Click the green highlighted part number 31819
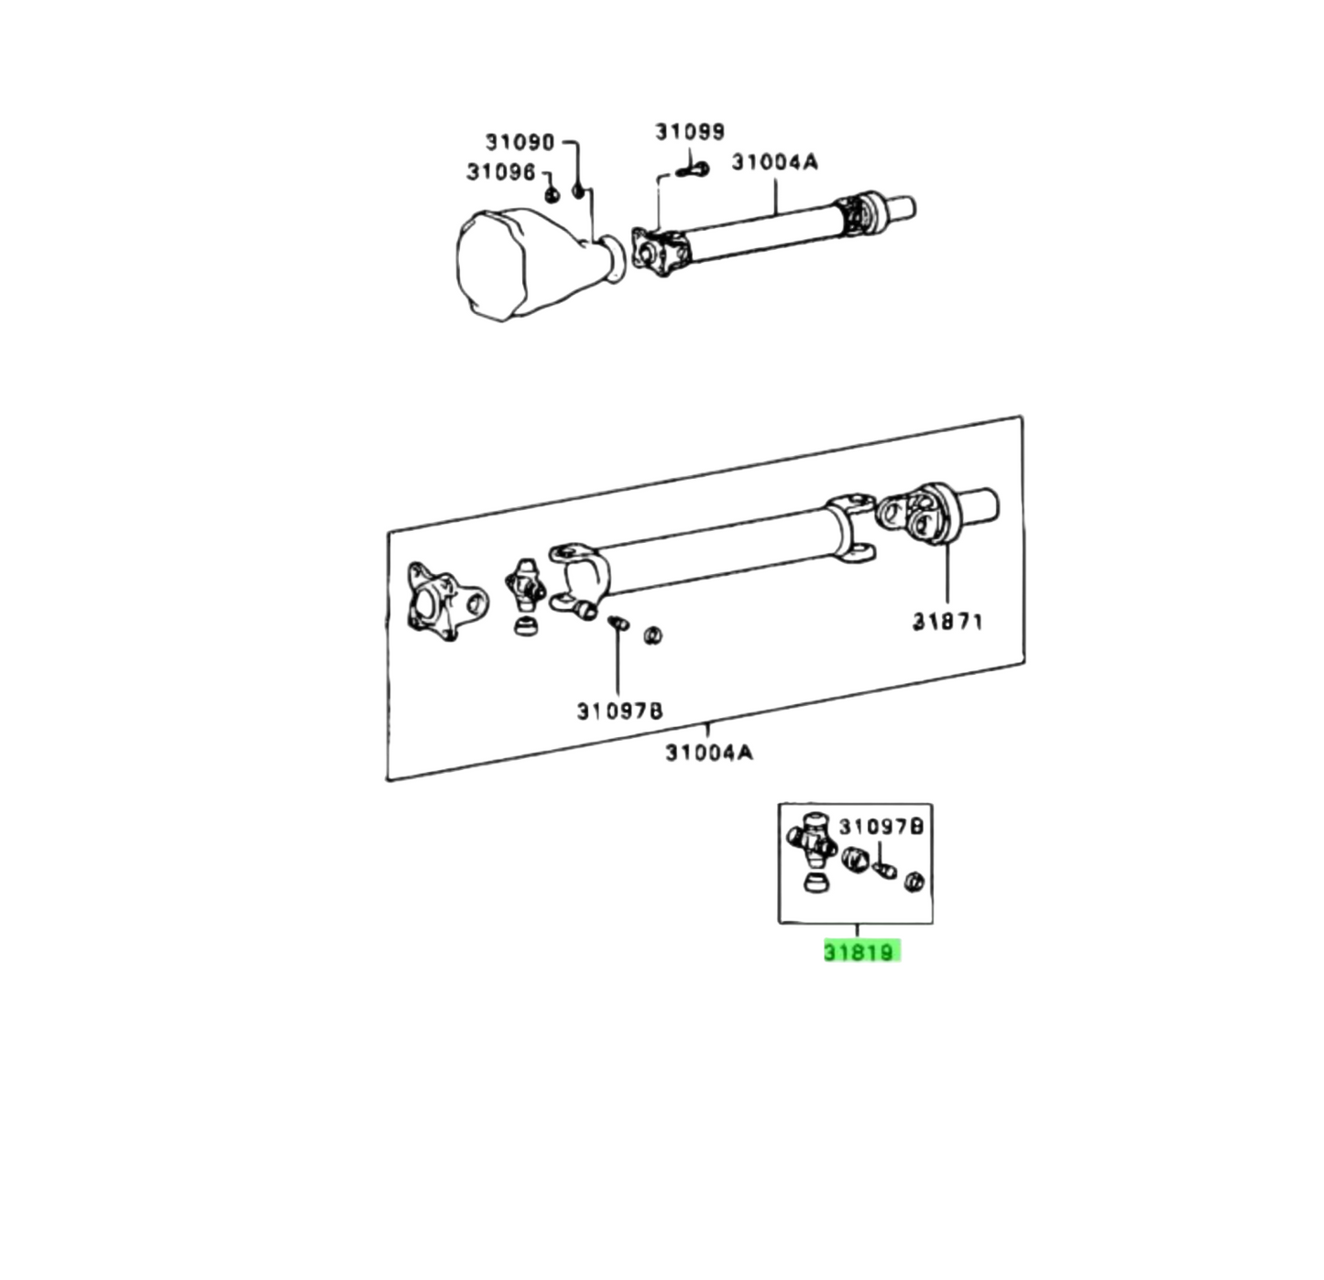click(x=859, y=952)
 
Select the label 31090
click(x=520, y=142)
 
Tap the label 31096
click(x=500, y=172)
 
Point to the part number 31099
click(x=689, y=132)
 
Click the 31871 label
click(x=947, y=622)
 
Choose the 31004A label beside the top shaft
click(x=774, y=163)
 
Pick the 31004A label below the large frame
click(x=708, y=753)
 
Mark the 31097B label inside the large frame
click(x=619, y=711)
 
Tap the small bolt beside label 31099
click(x=694, y=169)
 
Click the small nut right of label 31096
click(x=552, y=194)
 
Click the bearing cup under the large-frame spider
click(x=525, y=627)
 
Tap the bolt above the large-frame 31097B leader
click(x=618, y=624)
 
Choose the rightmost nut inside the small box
click(x=914, y=882)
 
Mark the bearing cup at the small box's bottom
click(x=813, y=883)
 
